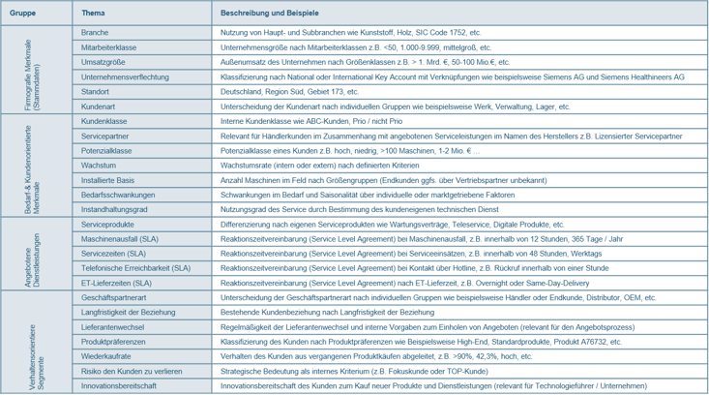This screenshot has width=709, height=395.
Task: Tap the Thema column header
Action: tap(94, 14)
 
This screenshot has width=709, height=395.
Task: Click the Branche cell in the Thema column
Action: tap(96, 32)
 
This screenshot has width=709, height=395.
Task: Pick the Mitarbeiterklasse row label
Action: tap(109, 46)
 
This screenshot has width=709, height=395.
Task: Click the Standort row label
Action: tap(97, 91)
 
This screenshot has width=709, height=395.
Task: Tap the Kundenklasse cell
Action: tap(106, 122)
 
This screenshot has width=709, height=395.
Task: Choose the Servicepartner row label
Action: tap(108, 137)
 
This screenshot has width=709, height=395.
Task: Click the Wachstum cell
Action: tap(101, 166)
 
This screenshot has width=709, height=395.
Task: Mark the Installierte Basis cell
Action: tap(109, 180)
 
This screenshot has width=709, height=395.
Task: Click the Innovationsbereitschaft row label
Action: tap(120, 385)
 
